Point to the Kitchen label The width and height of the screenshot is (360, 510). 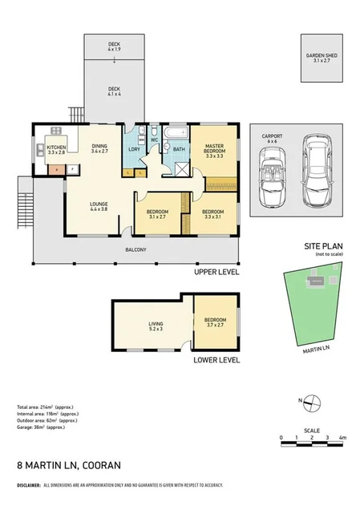tap(56, 150)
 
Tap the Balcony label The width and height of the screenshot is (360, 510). tap(136, 250)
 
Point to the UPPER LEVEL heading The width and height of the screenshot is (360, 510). tap(217, 273)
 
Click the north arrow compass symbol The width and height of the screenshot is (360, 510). tap(313, 402)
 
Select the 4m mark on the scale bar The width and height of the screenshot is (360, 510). tap(342, 438)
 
